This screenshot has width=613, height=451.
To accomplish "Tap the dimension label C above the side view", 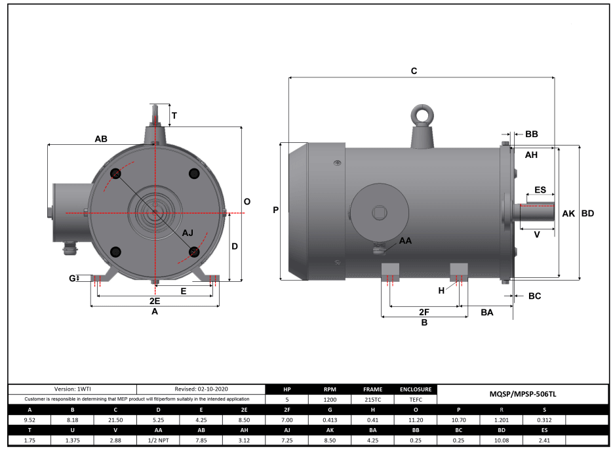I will click(414, 71).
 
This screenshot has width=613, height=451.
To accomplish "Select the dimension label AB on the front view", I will click(101, 139).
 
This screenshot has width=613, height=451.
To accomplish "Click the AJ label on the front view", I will click(188, 233).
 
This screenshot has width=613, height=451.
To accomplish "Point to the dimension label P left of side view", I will click(275, 210).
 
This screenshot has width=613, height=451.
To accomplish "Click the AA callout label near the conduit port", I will click(406, 241).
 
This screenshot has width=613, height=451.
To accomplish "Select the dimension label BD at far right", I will click(587, 214).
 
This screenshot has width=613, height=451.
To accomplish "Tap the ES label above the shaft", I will click(540, 189).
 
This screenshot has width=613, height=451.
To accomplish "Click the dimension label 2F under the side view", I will click(424, 312).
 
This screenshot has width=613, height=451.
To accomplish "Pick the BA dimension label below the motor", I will click(486, 313).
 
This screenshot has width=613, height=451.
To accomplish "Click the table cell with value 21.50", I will click(115, 420).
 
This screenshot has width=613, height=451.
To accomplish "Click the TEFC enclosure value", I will click(415, 399).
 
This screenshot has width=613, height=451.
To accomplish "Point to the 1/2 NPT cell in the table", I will click(159, 440).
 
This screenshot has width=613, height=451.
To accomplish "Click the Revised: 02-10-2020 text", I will click(201, 389).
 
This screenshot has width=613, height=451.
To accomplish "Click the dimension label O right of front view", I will click(247, 202).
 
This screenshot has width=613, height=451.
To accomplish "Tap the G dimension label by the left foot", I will click(72, 278).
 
